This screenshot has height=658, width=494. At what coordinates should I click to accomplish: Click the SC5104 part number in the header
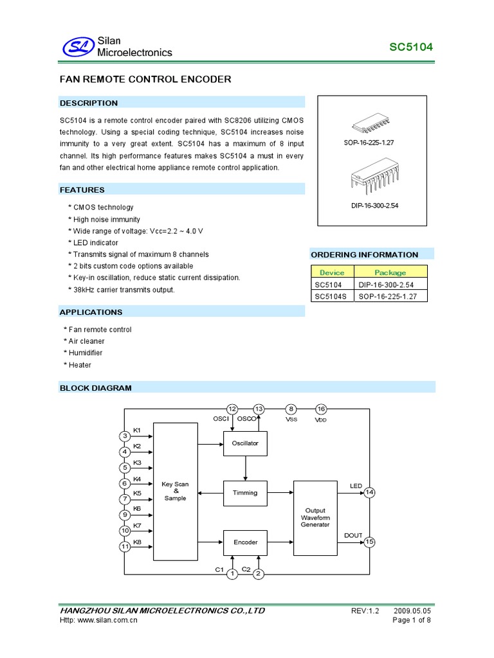pos(412,48)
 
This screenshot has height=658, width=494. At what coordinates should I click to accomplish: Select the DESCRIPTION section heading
pos(89,103)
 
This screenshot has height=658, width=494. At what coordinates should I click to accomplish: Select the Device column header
pos(332,272)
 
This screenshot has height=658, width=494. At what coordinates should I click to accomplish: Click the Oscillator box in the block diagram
pos(245,443)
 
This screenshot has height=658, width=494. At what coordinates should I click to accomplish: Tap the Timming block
pos(245,493)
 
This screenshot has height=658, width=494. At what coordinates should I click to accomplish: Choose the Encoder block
pos(245,542)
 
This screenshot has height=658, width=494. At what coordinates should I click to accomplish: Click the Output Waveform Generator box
pos(315,517)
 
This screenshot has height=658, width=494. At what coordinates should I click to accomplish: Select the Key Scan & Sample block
pos(176,492)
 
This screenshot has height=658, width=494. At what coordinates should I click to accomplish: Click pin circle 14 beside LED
pos(369,493)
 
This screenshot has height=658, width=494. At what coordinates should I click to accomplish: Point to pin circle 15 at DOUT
pos(369,542)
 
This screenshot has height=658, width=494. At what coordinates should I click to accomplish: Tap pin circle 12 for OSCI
pos(232,409)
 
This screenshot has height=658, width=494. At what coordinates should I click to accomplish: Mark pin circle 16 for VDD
pos(321,409)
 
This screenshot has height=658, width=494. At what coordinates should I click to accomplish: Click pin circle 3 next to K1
pos(125,437)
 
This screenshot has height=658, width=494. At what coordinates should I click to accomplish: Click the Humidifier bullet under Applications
pos(85,353)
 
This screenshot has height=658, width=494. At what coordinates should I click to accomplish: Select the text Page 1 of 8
pos(412,620)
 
